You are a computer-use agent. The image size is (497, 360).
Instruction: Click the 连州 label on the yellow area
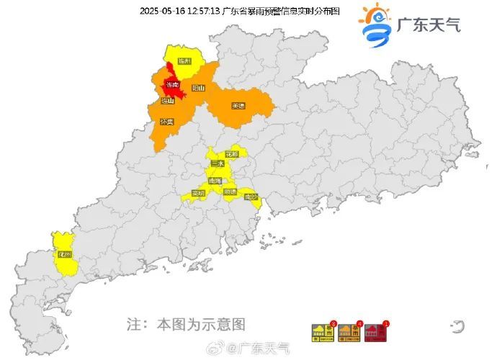[185, 61]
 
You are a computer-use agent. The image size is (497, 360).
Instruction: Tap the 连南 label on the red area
[173, 85]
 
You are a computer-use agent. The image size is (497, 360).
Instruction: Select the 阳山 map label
[198, 88]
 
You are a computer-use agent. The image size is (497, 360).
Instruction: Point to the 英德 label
[238, 106]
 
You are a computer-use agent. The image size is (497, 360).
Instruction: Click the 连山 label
[168, 102]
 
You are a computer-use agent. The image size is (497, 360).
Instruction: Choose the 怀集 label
[167, 122]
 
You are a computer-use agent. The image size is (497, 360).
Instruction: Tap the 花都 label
[232, 154]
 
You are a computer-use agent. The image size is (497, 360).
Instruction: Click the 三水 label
[218, 163]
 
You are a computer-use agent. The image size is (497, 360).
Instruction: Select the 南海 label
[215, 181]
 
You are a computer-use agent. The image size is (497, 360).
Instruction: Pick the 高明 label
[198, 193]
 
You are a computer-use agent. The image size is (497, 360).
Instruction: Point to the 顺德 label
[230, 192]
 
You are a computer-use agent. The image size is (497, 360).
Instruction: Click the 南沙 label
[251, 197]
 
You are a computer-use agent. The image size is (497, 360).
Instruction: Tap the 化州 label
[65, 254]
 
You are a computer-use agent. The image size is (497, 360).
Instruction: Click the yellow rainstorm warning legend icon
[321, 332]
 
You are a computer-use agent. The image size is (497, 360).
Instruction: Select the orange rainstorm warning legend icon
[348, 332]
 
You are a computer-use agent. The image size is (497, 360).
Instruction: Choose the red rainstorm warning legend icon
[375, 332]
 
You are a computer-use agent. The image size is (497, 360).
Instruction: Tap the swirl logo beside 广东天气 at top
[375, 24]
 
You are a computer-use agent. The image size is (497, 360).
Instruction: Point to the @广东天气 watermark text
[259, 348]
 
